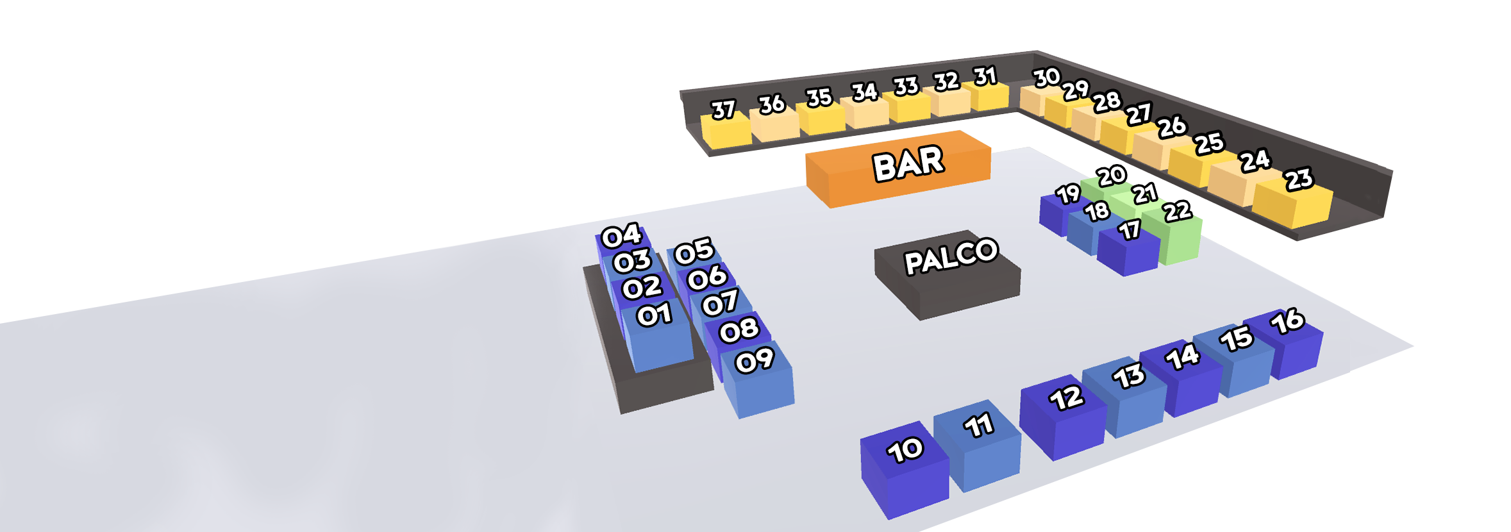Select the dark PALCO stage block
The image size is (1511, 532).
[x=948, y=272]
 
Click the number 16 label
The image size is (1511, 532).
[x=1287, y=321]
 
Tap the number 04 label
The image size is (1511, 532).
[x=621, y=236]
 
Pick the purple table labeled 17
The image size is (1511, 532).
[x=1128, y=250]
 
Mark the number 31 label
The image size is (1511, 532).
[x=985, y=76]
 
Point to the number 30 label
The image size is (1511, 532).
[x=1047, y=78]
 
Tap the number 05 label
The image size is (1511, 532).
[x=694, y=251]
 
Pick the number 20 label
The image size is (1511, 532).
[x=1111, y=175]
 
